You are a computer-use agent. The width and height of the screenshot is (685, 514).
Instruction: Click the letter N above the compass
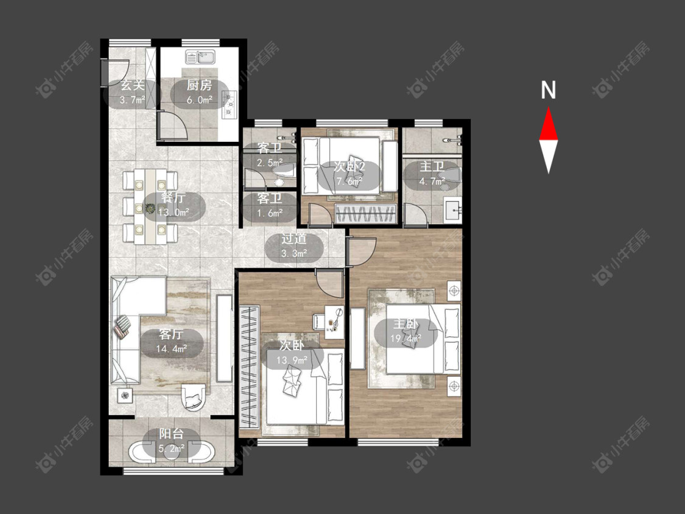[548, 90]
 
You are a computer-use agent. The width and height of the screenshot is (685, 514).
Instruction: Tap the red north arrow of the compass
[548, 124]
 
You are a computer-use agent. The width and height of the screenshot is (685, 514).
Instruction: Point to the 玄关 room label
[132, 86]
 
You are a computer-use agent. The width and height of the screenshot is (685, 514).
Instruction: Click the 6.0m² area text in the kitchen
[200, 100]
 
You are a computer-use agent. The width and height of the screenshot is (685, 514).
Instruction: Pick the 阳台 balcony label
[171, 434]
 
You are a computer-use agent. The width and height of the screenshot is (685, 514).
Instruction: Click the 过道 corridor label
[293, 239]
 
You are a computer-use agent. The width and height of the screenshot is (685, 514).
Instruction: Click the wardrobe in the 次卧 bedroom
[250, 367]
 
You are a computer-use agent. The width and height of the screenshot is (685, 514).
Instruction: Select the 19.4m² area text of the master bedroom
[406, 338]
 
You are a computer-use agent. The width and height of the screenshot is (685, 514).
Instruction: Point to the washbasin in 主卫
[452, 210]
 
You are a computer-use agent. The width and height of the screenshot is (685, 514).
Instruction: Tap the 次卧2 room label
[350, 166]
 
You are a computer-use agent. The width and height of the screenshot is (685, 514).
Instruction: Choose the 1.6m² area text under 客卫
[270, 213]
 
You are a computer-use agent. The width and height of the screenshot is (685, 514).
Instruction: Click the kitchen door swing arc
[172, 125]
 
